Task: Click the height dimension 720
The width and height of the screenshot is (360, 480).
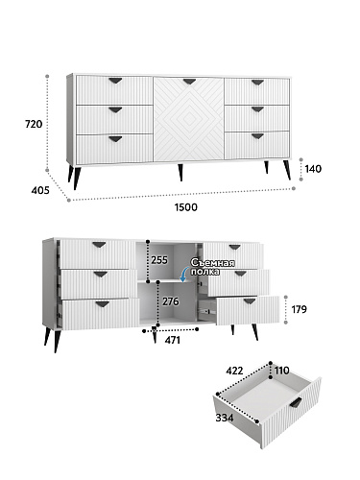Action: [x=34, y=124]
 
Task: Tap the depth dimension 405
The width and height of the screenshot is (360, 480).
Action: [x=40, y=190]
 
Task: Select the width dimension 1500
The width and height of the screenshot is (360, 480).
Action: [x=186, y=207]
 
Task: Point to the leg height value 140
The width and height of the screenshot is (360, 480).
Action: [x=313, y=169]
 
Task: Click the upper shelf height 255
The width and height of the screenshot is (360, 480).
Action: [x=159, y=260]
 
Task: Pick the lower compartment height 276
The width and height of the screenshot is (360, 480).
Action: [x=171, y=301]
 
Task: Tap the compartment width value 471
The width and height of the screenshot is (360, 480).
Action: [x=173, y=340]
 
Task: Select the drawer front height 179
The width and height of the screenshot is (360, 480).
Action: [x=299, y=309]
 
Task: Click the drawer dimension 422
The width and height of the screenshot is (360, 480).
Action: [x=234, y=371]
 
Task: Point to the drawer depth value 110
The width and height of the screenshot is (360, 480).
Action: [x=281, y=371]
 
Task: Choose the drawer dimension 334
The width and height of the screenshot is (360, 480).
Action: [x=225, y=418]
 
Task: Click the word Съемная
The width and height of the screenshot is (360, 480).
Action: [x=212, y=263]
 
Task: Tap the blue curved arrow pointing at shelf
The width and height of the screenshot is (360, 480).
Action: [x=183, y=276]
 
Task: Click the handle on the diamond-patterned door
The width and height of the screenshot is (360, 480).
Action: [x=189, y=82]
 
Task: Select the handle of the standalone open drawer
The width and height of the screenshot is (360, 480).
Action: [x=296, y=402]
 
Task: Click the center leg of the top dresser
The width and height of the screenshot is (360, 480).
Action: [x=180, y=173]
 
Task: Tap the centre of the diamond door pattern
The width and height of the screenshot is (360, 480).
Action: [x=189, y=119]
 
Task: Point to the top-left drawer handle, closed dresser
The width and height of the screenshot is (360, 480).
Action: [x=115, y=81]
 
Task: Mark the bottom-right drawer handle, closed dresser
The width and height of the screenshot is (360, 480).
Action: [x=257, y=136]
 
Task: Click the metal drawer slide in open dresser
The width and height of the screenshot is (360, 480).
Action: [x=205, y=310]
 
